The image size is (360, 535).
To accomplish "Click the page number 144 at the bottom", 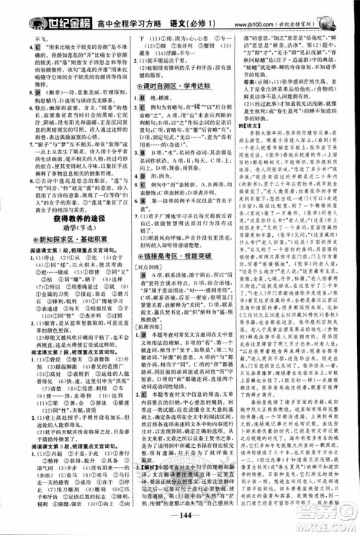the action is (179, 521).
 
